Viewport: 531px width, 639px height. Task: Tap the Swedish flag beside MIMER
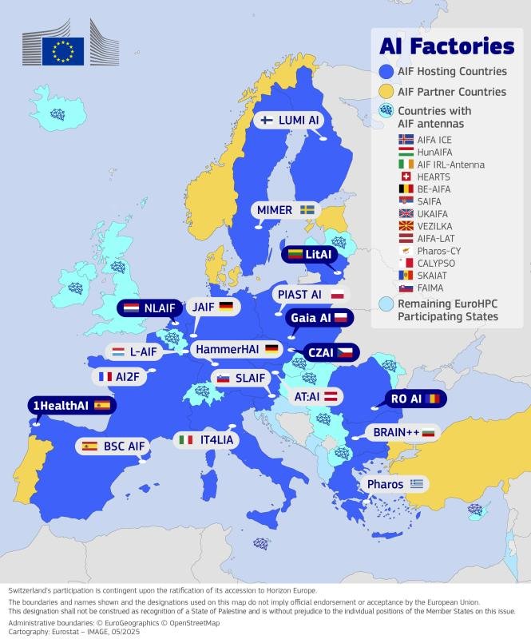pyautogui.click(x=307, y=210)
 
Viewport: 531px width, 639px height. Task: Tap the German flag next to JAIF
pyautogui.click(x=226, y=307)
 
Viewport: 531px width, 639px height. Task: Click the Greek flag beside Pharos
pyautogui.click(x=416, y=484)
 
